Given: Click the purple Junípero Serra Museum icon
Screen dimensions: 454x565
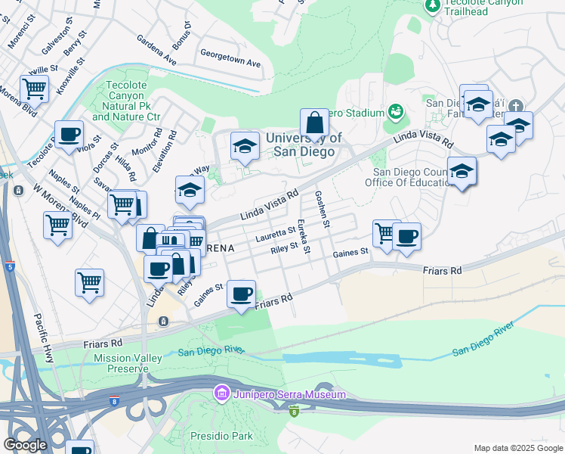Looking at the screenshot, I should pyautogui.click(x=221, y=394).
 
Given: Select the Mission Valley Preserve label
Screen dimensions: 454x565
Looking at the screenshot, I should pyautogui.click(x=121, y=362).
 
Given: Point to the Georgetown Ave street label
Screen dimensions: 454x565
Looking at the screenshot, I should pyautogui.click(x=230, y=59).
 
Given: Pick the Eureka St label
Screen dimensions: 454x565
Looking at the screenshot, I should pyautogui.click(x=303, y=236).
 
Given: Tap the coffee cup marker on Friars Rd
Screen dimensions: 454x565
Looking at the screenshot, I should pyautogui.click(x=241, y=294).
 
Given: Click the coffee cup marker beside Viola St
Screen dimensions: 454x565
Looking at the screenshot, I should pyautogui.click(x=69, y=134).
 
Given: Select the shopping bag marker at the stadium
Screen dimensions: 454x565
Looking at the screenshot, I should pyautogui.click(x=314, y=123).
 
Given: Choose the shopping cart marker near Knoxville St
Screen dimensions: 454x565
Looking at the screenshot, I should pyautogui.click(x=34, y=89).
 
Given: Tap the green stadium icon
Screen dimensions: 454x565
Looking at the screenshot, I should pyautogui.click(x=394, y=112).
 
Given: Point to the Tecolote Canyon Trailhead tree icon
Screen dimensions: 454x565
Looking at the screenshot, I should pyautogui.click(x=433, y=5).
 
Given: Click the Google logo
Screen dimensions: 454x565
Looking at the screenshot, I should pyautogui.click(x=26, y=445).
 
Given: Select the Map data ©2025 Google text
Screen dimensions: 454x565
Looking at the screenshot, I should pyautogui.click(x=517, y=448).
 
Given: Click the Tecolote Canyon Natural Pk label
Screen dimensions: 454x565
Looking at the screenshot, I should pyautogui.click(x=126, y=101).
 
